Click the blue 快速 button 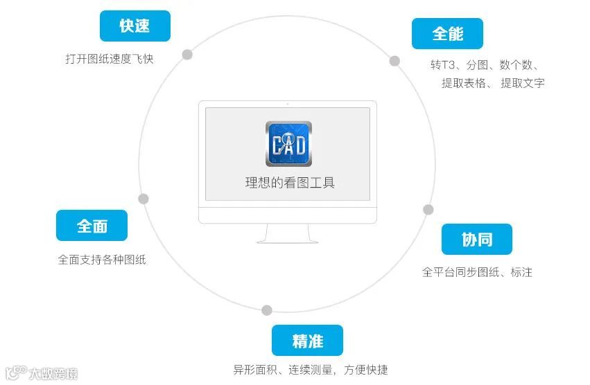(135, 26)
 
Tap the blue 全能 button (447, 33)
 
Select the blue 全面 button (92, 226)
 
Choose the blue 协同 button (477, 240)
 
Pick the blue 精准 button (308, 341)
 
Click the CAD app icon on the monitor (288, 144)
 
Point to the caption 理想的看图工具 (290, 183)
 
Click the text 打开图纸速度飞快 (110, 59)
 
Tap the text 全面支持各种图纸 (102, 260)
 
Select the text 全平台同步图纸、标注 (477, 272)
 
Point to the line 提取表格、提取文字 (493, 83)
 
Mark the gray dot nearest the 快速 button (187, 55)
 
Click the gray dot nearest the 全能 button (394, 61)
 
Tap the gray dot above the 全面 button (144, 199)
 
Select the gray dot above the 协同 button (428, 209)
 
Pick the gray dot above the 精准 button (267, 310)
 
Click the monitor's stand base (288, 240)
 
